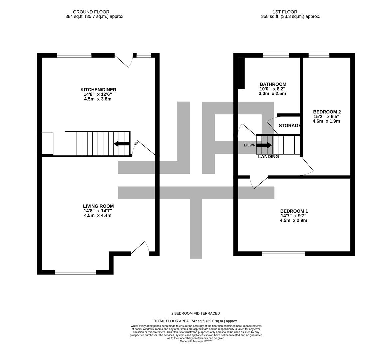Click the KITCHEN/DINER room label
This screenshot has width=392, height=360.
pyautogui.click(x=98, y=90)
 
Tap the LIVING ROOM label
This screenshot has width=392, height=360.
pyautogui.click(x=98, y=206)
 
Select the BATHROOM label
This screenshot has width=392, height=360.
pyautogui.click(x=273, y=84)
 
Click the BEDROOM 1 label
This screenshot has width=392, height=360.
pyautogui.click(x=294, y=211)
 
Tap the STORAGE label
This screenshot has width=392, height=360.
pyautogui.click(x=289, y=126)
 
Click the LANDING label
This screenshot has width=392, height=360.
pyautogui.click(x=268, y=157)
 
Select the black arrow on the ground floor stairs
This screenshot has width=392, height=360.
pyautogui.click(x=121, y=144)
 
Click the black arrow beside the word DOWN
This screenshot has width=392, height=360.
pyautogui.click(x=265, y=145)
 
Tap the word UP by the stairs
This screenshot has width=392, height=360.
pyautogui.click(x=136, y=144)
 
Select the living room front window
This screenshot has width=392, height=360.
pyautogui.click(x=75, y=272)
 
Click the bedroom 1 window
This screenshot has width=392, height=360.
pyautogui.click(x=283, y=254)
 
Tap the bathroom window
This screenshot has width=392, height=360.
pyautogui.click(x=276, y=55)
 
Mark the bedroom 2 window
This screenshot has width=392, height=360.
pyautogui.click(x=319, y=55)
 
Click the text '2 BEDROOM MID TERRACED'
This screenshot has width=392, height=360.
pyautogui.click(x=196, y=313)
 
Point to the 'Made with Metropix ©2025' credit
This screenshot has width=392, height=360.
pyautogui.click(x=196, y=341)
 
